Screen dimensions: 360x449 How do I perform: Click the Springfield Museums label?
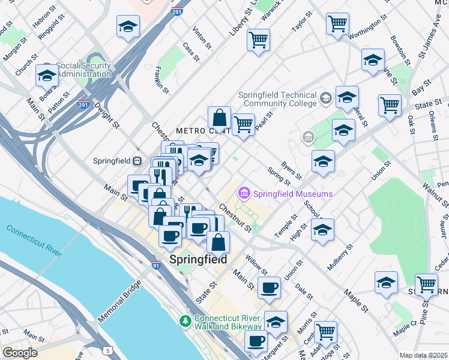point(292,194)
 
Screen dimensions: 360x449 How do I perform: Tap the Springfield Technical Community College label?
point(277,99)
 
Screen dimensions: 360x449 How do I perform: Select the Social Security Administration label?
point(84,70)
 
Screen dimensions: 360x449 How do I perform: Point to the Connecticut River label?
point(34,239)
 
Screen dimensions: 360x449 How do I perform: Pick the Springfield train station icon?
point(137,161)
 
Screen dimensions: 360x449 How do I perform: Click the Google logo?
point(20,353)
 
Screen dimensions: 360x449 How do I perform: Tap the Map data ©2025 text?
point(424,355)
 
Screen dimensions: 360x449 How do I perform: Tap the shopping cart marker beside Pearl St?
point(243,125)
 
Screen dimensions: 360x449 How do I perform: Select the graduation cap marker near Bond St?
point(47,75)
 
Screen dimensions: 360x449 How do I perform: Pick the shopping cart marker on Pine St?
point(426,284)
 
